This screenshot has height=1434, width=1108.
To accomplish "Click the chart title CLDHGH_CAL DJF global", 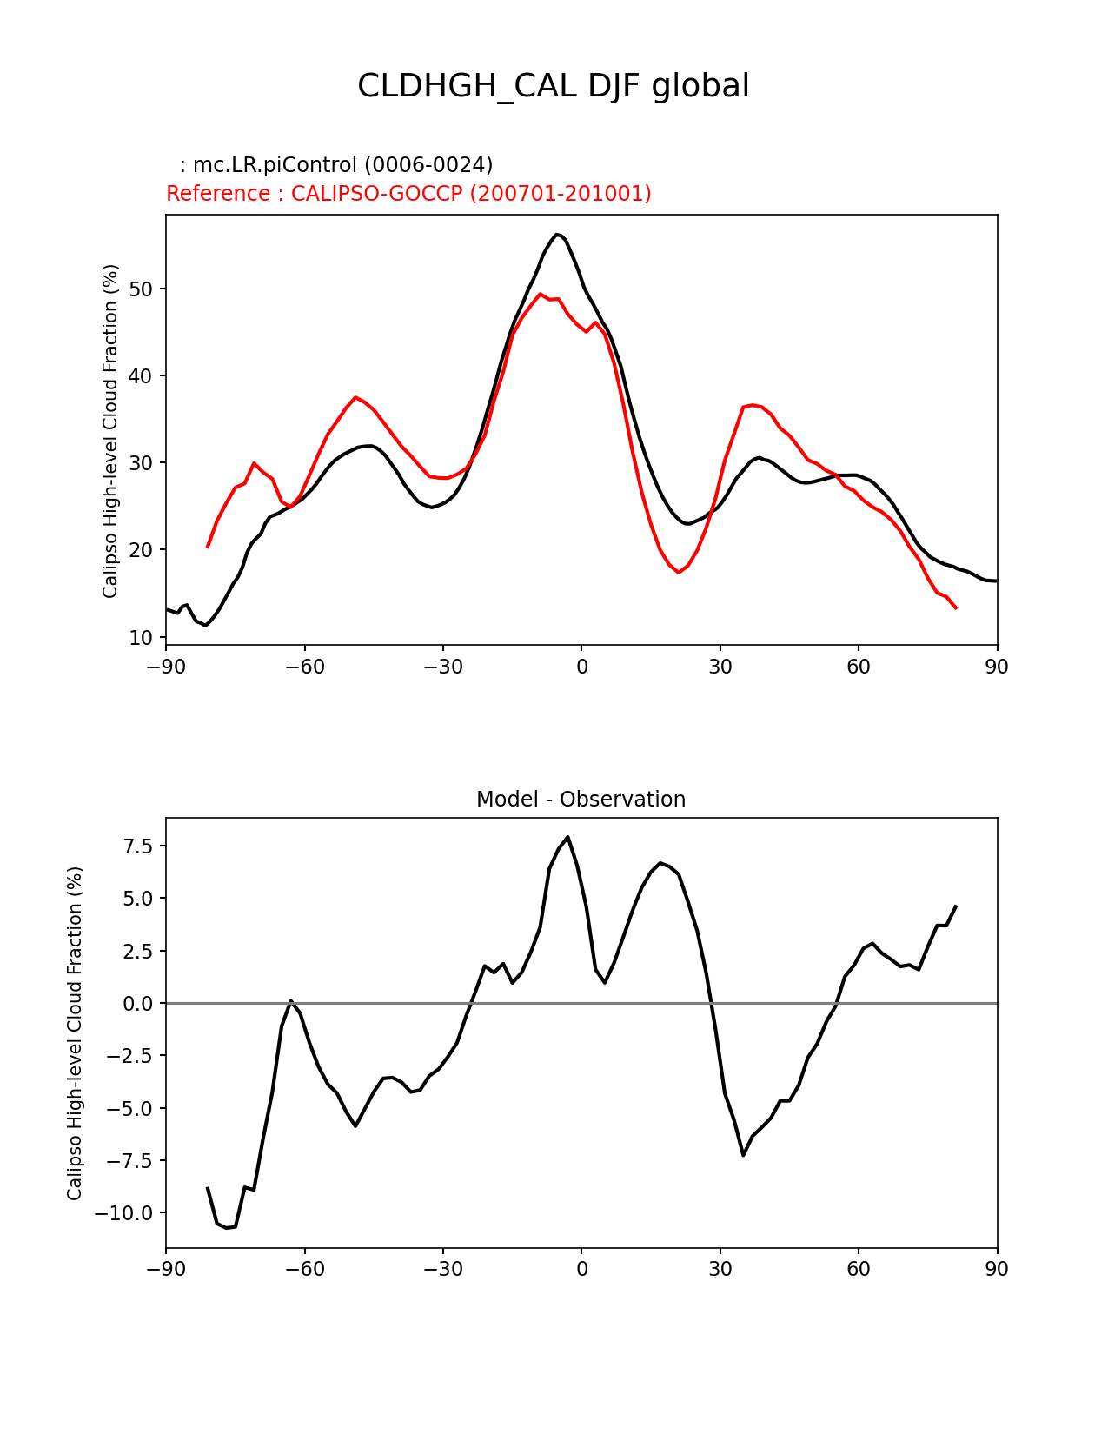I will [553, 86].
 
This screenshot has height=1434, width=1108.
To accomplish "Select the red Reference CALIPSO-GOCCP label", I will [408, 194].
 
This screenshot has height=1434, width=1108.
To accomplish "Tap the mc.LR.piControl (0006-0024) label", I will [336, 165].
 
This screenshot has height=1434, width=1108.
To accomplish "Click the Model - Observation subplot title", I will [581, 800].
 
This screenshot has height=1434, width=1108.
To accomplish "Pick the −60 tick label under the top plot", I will [304, 667].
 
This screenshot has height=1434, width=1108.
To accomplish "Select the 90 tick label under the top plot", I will [997, 667].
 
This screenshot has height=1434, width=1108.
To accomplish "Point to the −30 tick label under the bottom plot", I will [442, 1270].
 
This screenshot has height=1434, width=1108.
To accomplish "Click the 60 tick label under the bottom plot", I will [859, 1270].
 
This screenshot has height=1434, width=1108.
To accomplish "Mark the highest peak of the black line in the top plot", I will [558, 235].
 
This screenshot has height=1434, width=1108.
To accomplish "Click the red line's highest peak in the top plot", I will [540, 294].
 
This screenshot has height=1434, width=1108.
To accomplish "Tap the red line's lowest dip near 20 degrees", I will [679, 572].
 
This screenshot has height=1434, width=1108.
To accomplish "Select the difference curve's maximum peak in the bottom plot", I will [567, 837].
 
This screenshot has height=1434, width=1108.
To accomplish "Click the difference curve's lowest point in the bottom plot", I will [227, 1227].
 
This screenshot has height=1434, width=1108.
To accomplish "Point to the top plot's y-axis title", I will [110, 431].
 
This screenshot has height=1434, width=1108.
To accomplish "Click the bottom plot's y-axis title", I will [75, 1033].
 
